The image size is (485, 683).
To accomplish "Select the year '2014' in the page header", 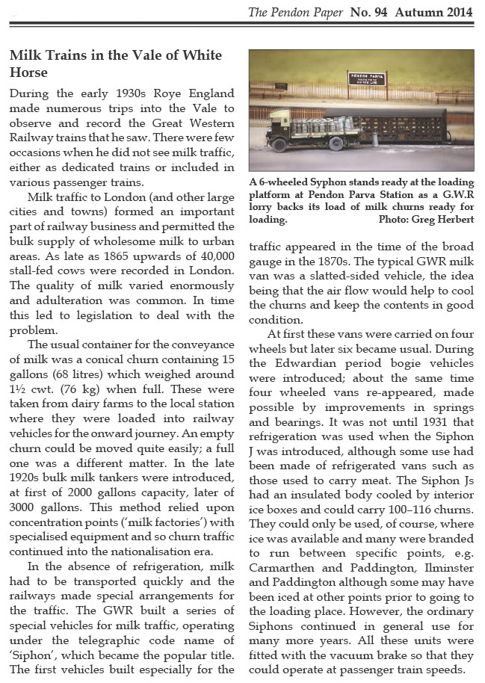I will tap(457, 12).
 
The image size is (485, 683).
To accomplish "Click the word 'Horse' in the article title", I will tap(28, 72).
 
